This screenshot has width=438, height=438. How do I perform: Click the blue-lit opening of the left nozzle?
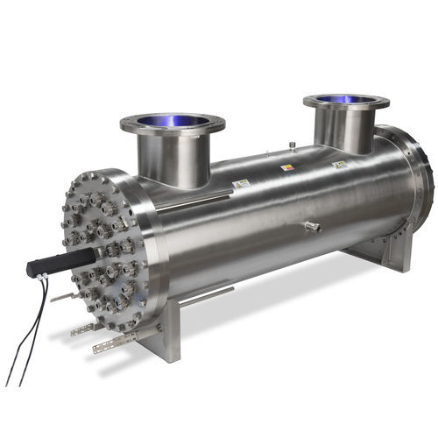tap(172, 122)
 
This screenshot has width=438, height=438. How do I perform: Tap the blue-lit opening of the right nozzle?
tap(346, 102)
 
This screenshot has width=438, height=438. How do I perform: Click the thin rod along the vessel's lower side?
tap(206, 297)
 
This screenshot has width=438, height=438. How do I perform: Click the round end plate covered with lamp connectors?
tap(101, 254)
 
